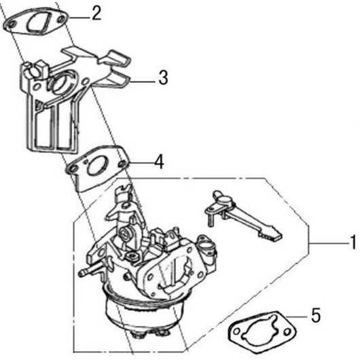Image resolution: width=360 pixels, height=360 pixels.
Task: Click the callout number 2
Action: point(96,14)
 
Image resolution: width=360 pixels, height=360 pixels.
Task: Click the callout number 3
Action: point(163,77)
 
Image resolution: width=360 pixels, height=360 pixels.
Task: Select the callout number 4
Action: point(159,162)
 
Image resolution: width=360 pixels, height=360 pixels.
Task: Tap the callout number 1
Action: point(354,242)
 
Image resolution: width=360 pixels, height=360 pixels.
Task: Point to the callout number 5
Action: point(315,315)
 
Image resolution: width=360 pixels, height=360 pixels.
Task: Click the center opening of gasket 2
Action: point(39,23)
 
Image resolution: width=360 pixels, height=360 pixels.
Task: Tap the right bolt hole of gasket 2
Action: point(61,20)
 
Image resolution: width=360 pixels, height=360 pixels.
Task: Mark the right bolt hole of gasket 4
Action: point(122,164)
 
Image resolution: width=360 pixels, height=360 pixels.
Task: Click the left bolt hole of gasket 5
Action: point(237,331)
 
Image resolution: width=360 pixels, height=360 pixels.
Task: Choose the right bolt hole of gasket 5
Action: point(287,331)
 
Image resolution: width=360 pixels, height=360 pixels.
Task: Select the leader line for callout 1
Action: point(329,243)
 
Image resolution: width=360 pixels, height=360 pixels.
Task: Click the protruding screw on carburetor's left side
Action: point(91,270)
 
